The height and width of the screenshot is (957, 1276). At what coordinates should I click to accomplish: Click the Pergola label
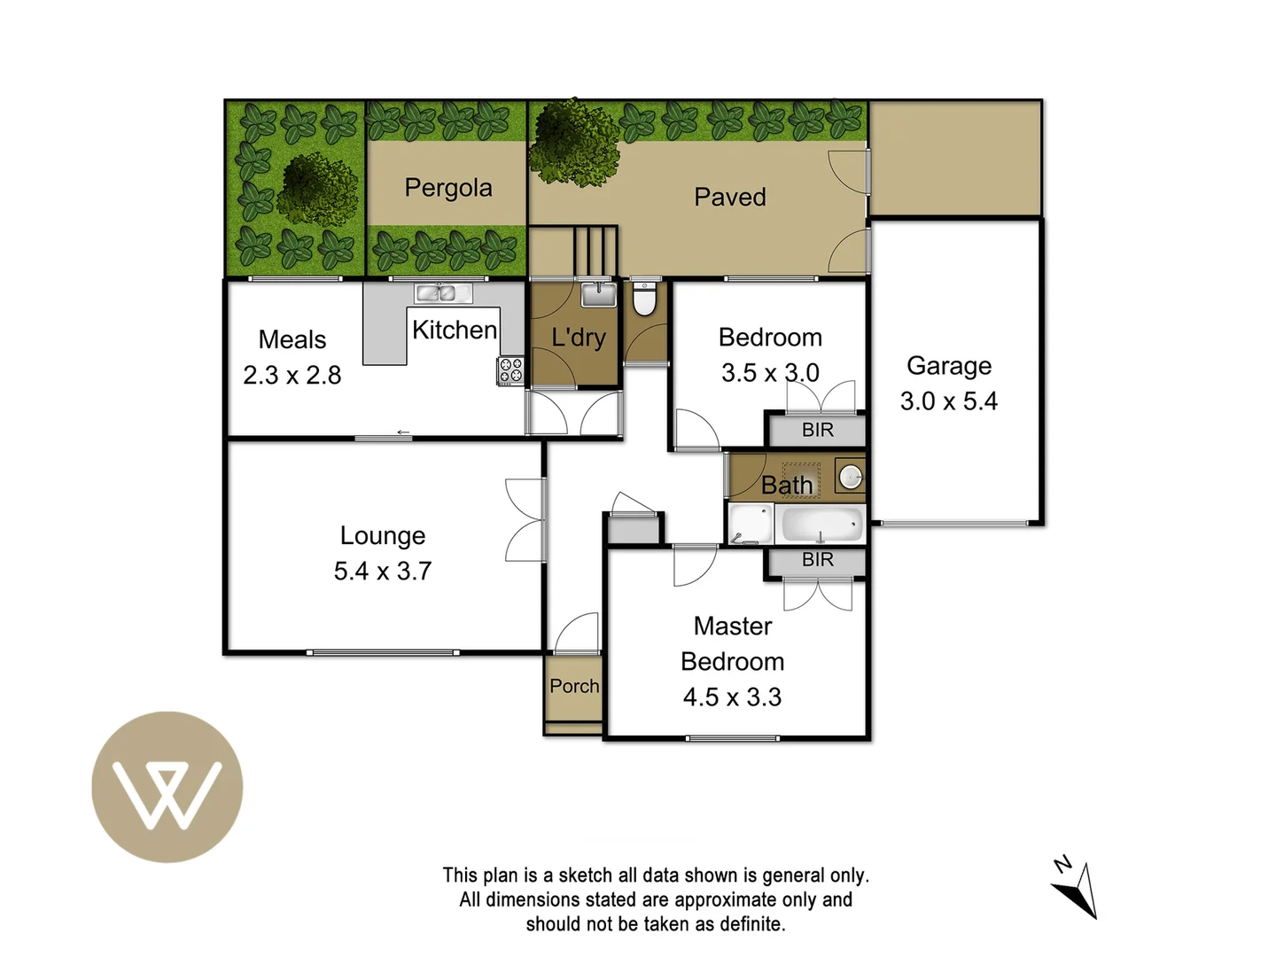(x=447, y=188)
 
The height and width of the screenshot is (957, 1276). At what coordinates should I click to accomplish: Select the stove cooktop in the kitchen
(x=510, y=370)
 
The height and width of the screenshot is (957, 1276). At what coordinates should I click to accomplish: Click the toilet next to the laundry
(x=644, y=300)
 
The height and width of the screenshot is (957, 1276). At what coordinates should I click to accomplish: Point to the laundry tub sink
(x=599, y=294)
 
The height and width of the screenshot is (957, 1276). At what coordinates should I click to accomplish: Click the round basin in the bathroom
(x=851, y=478)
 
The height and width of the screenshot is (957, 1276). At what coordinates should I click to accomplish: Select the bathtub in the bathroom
(x=821, y=525)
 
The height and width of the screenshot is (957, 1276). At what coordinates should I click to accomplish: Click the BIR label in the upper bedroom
(x=817, y=431)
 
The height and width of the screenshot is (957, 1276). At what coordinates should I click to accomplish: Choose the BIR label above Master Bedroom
(x=817, y=560)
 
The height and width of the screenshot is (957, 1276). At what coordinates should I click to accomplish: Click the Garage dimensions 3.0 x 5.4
(x=948, y=401)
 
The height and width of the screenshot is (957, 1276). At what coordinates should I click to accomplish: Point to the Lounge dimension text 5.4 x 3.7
(x=382, y=572)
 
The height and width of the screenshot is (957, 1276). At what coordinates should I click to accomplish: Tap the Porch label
(x=573, y=686)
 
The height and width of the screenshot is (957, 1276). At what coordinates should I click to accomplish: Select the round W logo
(x=167, y=787)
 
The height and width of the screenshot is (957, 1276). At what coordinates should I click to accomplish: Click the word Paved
(x=729, y=198)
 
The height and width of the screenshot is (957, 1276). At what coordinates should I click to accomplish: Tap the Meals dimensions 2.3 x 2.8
(x=292, y=376)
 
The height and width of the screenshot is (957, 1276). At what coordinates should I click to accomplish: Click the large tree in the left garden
(x=318, y=188)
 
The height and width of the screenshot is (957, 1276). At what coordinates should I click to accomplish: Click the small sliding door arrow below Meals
(x=403, y=432)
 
